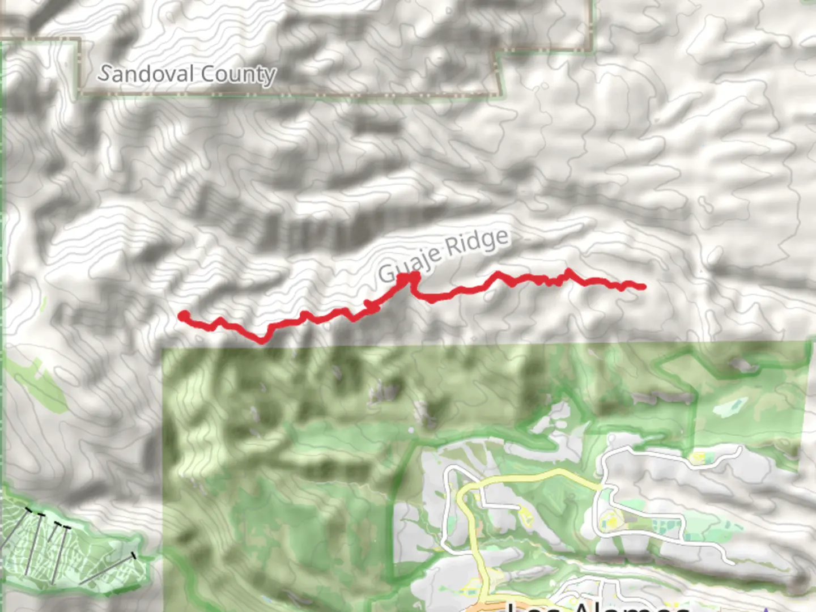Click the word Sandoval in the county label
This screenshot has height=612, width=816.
pyautogui.click(x=147, y=74)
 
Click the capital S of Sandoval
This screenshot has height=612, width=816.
pyautogui.click(x=104, y=73)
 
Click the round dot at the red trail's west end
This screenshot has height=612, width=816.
pyautogui.click(x=184, y=316)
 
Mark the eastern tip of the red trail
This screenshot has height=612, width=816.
pyautogui.click(x=643, y=287)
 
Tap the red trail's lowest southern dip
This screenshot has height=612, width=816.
pyautogui.click(x=262, y=341)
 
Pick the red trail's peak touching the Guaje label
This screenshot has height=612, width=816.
pyautogui.click(x=409, y=277)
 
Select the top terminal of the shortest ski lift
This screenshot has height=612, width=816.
pyautogui.click(x=59, y=525)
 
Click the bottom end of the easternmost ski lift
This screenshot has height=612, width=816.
pyautogui.click(x=80, y=584)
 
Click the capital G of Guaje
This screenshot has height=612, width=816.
pyautogui.click(x=386, y=273)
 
